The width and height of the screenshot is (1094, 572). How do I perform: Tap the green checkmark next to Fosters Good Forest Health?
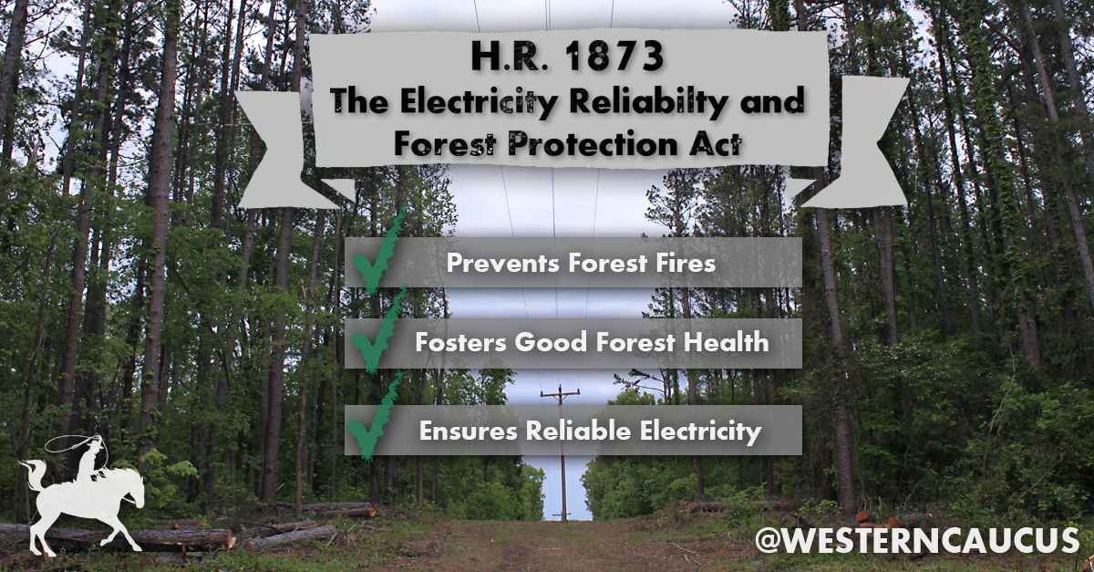tap(378, 332)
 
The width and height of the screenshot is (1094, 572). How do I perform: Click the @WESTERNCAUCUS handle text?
tap(917, 539)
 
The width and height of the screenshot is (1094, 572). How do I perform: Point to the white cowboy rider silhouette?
tap(89, 459)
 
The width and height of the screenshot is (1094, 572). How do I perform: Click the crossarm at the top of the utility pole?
tap(560, 392)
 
